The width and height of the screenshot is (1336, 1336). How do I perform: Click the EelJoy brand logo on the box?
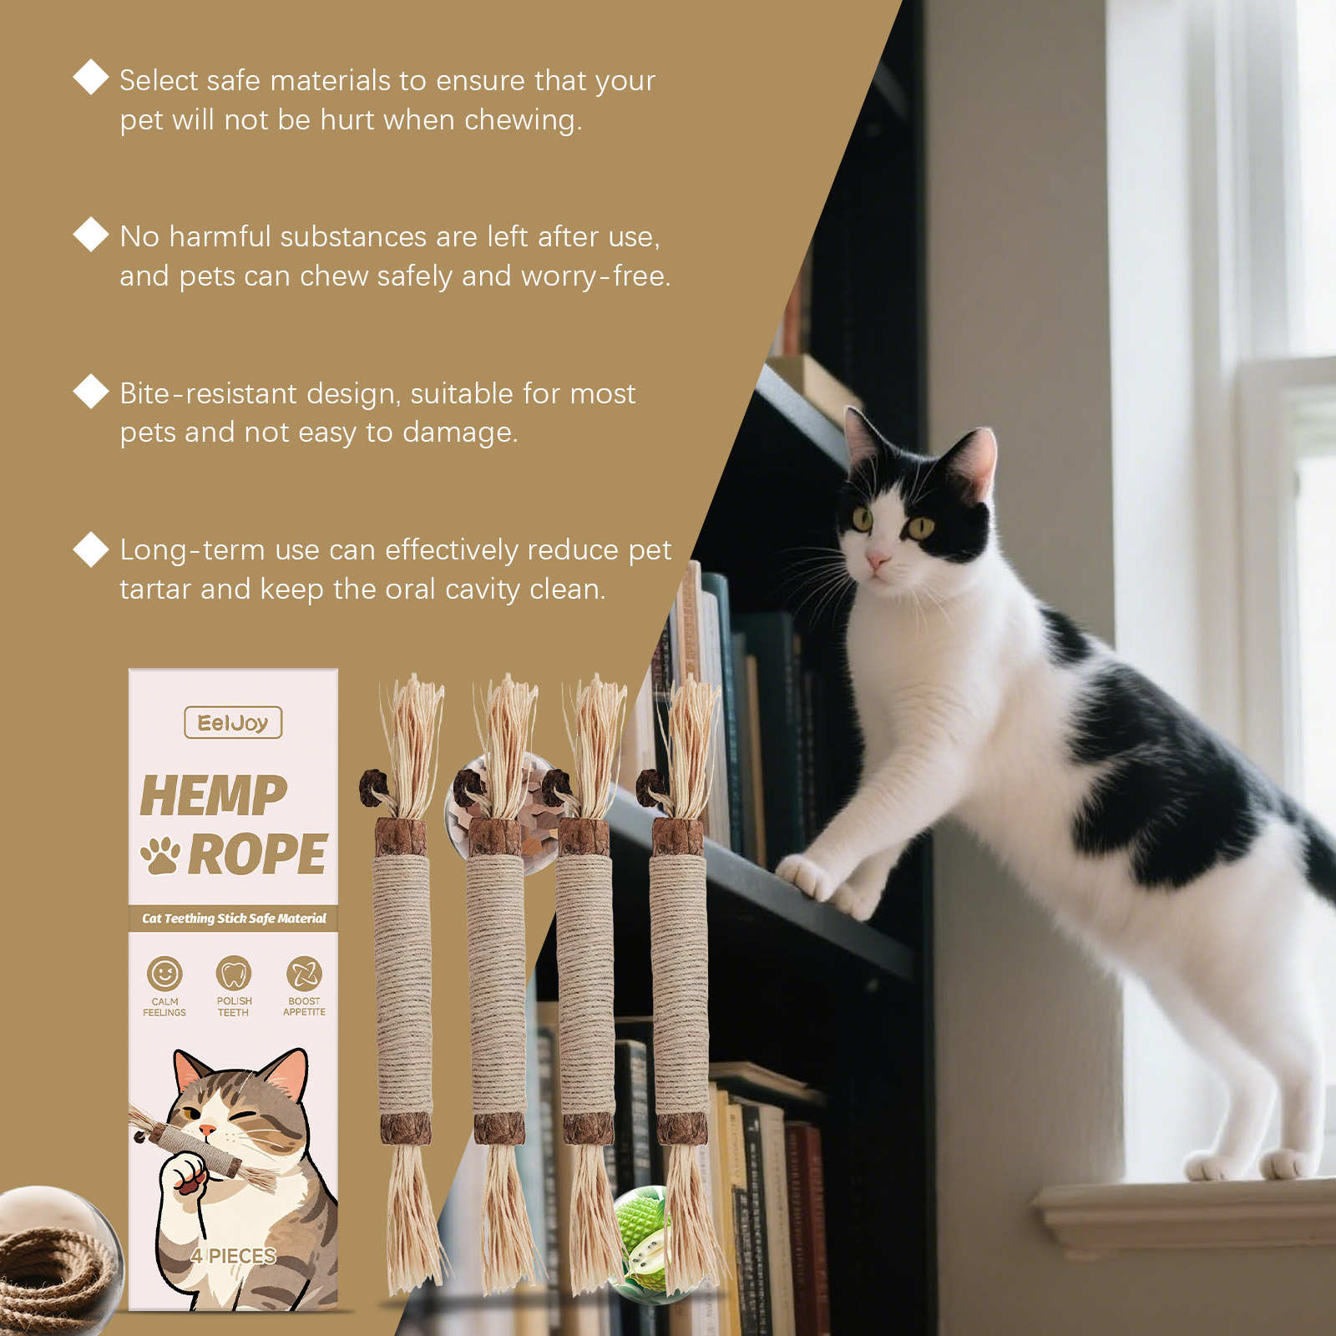pos(233,723)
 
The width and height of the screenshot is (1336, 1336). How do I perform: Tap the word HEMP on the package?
pos(214,796)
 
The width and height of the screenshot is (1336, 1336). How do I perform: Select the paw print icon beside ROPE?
pos(159,856)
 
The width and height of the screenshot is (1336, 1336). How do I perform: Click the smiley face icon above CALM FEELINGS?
pos(164,974)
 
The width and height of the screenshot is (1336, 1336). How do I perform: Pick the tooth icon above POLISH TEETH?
pos(234,973)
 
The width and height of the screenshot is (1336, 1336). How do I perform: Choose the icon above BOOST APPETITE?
pos(304,973)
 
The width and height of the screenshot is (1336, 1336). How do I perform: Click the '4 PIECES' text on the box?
pos(233,1256)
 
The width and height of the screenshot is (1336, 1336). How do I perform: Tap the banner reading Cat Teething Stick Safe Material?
pos(234,918)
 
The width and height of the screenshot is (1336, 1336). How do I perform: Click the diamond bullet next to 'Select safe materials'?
pos(91,78)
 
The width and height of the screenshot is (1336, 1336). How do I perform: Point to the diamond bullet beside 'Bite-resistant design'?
pos(91,391)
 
